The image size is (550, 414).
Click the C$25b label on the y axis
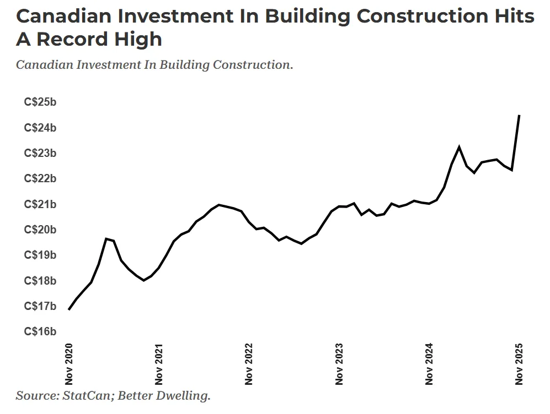point(40,102)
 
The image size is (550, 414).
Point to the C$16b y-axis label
point(40,331)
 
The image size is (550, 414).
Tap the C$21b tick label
point(40,204)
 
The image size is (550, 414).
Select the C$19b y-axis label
point(40,255)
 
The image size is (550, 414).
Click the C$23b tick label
point(40,153)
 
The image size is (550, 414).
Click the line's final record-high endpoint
point(519,116)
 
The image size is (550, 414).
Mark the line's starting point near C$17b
point(69,309)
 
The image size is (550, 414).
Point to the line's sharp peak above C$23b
point(459,147)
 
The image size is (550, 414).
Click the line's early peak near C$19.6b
point(106,238)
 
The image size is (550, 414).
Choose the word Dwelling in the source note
point(186,395)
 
